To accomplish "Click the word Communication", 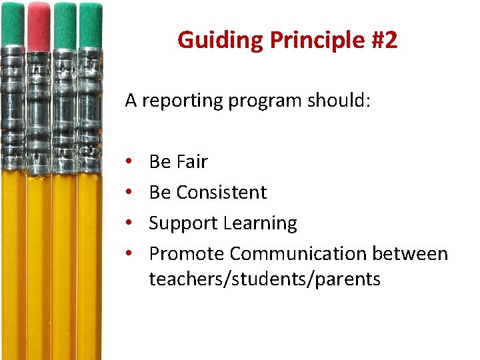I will click(x=298, y=254).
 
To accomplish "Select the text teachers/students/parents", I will click(x=265, y=279).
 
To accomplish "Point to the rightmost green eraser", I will click(x=91, y=25).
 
